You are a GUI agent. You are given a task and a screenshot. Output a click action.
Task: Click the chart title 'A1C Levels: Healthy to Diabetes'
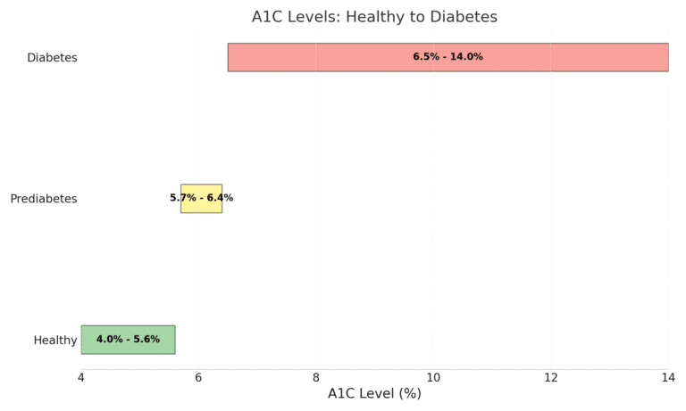[x=387, y=17]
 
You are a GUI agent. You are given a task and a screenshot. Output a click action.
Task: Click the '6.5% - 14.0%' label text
[x=448, y=57]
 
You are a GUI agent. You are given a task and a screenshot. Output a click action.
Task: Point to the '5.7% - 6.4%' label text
[x=201, y=198]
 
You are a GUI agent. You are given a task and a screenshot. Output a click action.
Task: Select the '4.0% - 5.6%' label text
[x=128, y=340]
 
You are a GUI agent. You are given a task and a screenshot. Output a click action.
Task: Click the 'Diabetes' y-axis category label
[x=52, y=58]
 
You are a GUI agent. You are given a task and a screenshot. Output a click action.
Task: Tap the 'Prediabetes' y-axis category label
[x=44, y=199]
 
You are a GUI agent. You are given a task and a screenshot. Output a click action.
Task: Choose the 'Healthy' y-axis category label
[x=55, y=341]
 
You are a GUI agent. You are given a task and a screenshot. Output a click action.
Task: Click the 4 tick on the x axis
[x=81, y=378]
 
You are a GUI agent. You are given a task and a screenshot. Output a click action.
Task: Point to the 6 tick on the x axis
[x=198, y=378]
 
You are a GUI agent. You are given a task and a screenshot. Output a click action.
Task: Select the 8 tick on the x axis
[x=316, y=378]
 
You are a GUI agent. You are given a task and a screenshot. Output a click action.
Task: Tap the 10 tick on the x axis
[x=433, y=378]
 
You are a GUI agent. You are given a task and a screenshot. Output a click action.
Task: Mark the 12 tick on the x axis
[x=550, y=378]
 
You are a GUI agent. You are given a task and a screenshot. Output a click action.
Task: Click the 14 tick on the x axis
[x=667, y=378]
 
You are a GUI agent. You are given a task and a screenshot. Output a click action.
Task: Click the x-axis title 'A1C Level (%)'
[x=374, y=394]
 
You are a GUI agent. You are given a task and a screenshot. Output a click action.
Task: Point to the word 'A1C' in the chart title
[x=268, y=17]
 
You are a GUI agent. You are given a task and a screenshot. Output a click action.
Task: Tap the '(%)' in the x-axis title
[x=408, y=394]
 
